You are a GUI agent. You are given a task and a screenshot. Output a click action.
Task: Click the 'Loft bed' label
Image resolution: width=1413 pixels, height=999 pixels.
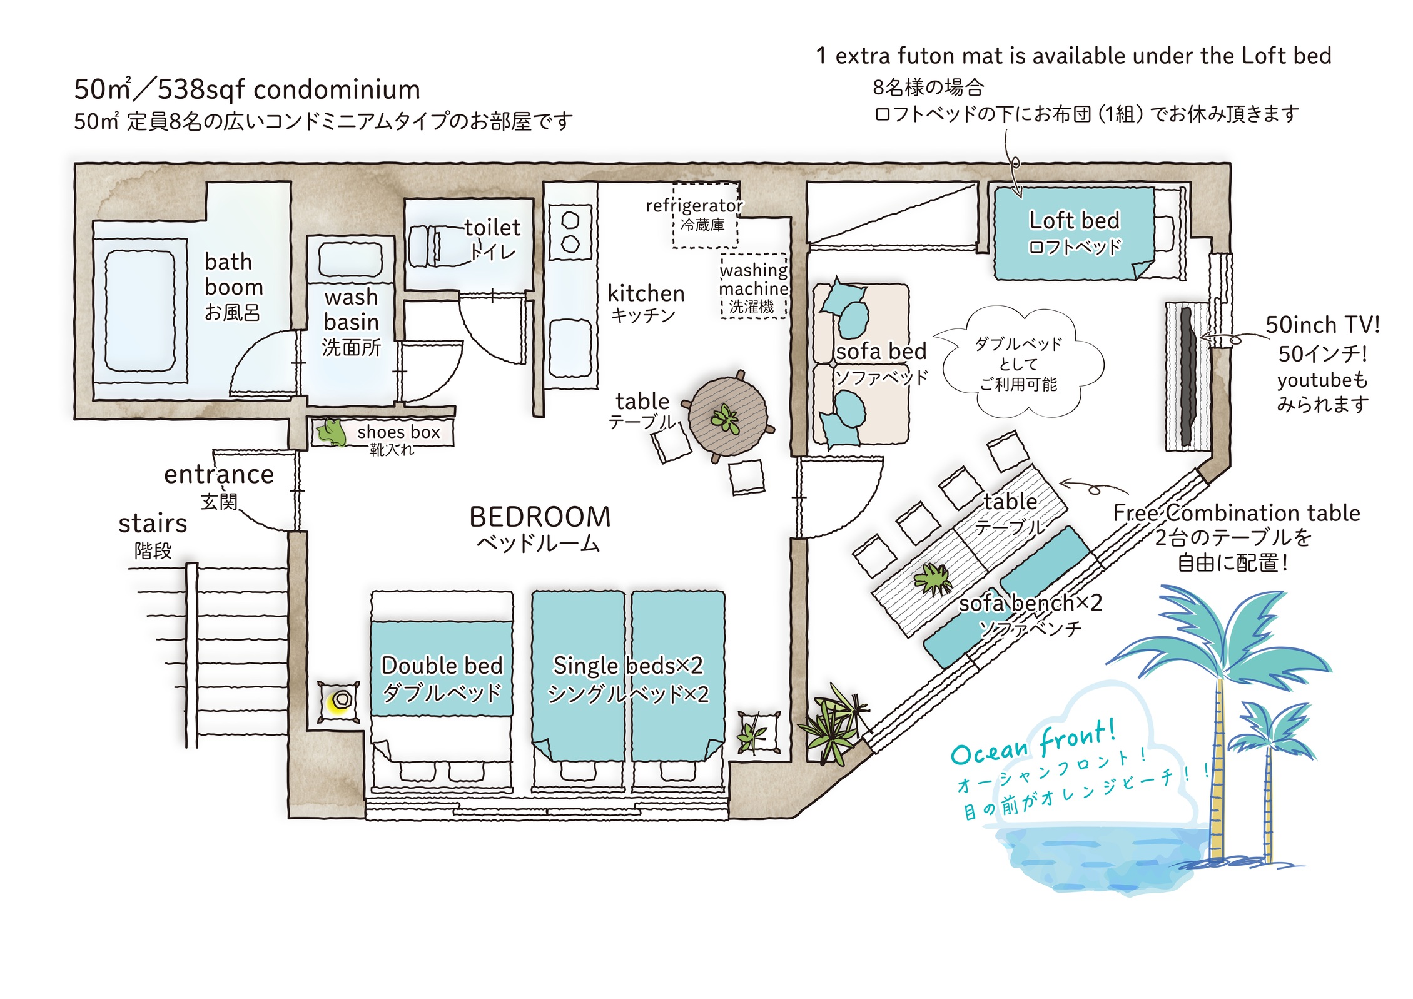click(1074, 220)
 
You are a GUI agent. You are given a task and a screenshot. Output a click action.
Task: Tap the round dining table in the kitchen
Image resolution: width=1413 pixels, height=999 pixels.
click(728, 417)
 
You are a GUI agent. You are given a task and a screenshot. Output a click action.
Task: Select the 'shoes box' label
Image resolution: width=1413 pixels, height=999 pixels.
click(398, 432)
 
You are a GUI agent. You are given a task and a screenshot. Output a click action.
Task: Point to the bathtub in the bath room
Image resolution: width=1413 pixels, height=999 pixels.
click(140, 311)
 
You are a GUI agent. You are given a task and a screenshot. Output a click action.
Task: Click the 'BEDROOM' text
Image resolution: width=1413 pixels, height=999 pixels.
click(540, 517)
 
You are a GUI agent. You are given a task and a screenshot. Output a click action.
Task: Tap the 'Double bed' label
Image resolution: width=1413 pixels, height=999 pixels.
click(442, 665)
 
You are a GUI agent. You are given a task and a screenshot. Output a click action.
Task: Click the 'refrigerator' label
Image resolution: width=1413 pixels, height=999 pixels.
click(694, 205)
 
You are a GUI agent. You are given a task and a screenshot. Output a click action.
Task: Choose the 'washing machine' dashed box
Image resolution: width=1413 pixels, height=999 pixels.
click(754, 286)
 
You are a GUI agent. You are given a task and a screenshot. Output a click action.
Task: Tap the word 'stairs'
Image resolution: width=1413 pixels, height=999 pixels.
click(153, 523)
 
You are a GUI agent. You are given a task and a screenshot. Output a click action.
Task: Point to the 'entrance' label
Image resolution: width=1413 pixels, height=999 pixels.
click(219, 474)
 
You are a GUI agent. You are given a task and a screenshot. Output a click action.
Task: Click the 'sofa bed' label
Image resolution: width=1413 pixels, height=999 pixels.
click(881, 352)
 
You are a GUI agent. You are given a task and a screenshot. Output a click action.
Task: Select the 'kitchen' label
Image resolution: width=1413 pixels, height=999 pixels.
click(646, 293)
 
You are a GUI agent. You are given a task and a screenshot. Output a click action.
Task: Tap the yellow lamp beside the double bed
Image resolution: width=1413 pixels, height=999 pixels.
click(339, 701)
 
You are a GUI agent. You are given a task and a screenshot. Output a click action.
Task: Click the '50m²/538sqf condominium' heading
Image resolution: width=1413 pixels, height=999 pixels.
click(247, 89)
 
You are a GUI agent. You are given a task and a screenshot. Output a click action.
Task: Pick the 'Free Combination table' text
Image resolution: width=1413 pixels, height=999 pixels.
click(1237, 513)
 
